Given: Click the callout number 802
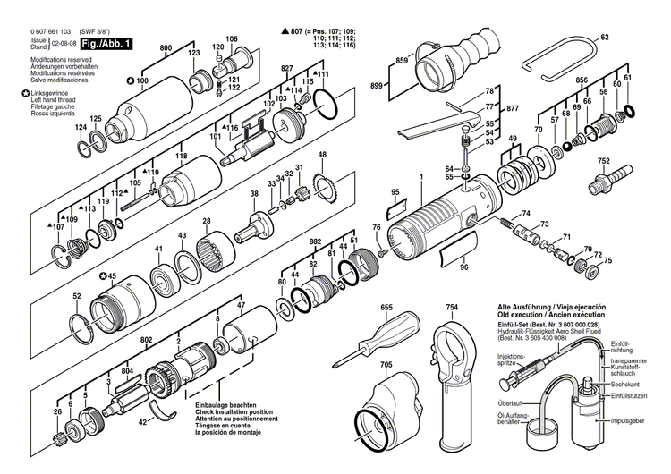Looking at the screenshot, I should [146, 341].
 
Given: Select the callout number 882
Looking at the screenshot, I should [315, 242].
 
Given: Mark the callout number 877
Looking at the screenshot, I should [512, 108].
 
